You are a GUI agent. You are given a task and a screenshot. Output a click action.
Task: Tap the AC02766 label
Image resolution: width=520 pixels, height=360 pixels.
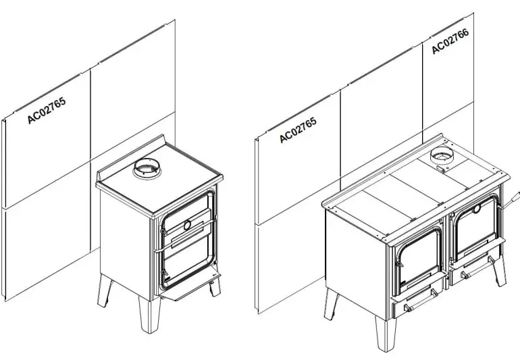click(x=450, y=40)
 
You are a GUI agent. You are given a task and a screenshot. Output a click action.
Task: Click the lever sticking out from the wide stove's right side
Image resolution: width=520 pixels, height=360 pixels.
click(x=511, y=201)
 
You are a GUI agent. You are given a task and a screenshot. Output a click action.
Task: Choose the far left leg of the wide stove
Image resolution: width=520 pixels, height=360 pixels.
click(x=331, y=304)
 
